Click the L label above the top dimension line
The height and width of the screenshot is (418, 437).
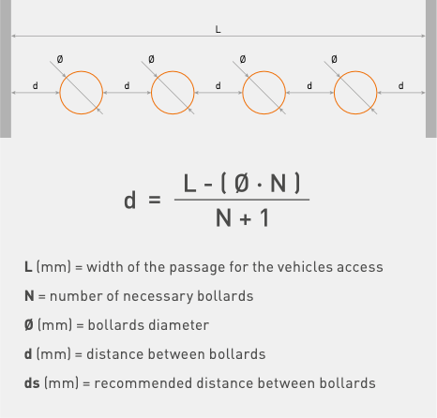coord(218,29)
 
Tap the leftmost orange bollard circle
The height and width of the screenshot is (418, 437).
coord(60,93)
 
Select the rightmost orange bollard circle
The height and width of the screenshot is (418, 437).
coord(334,93)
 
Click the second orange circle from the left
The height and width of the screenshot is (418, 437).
coord(151,93)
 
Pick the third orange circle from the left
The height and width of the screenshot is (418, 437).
coord(243,93)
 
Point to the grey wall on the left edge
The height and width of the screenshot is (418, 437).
coord(6,68)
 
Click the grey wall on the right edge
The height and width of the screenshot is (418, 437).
coord(431,68)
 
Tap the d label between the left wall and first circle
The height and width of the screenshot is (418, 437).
coord(36,85)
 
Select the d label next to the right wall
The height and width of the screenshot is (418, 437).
coord(400,85)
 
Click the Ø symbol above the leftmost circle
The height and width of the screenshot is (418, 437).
coord(60,59)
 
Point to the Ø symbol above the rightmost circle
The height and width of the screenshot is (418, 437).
coord(334,59)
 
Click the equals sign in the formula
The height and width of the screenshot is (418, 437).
coord(155,200)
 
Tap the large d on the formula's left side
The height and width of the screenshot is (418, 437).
coord(130,200)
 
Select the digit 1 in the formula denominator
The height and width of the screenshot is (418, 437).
coord(264,217)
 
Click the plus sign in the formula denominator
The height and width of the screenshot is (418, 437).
coord(246,219)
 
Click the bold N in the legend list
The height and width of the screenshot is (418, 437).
coord(29,296)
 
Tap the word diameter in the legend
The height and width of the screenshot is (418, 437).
coord(179,325)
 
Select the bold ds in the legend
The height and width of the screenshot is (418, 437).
coord(32,383)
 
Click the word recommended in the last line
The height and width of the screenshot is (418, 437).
coord(143,383)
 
